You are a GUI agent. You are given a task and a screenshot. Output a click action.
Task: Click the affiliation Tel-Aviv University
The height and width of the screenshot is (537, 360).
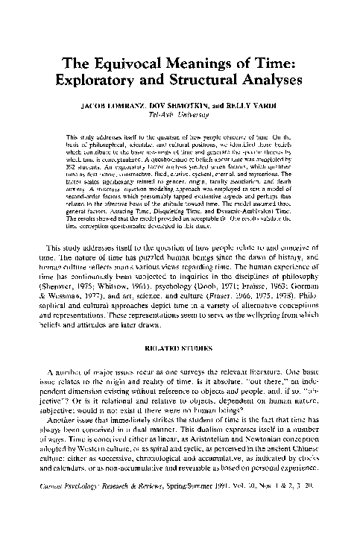click(x=179, y=116)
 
